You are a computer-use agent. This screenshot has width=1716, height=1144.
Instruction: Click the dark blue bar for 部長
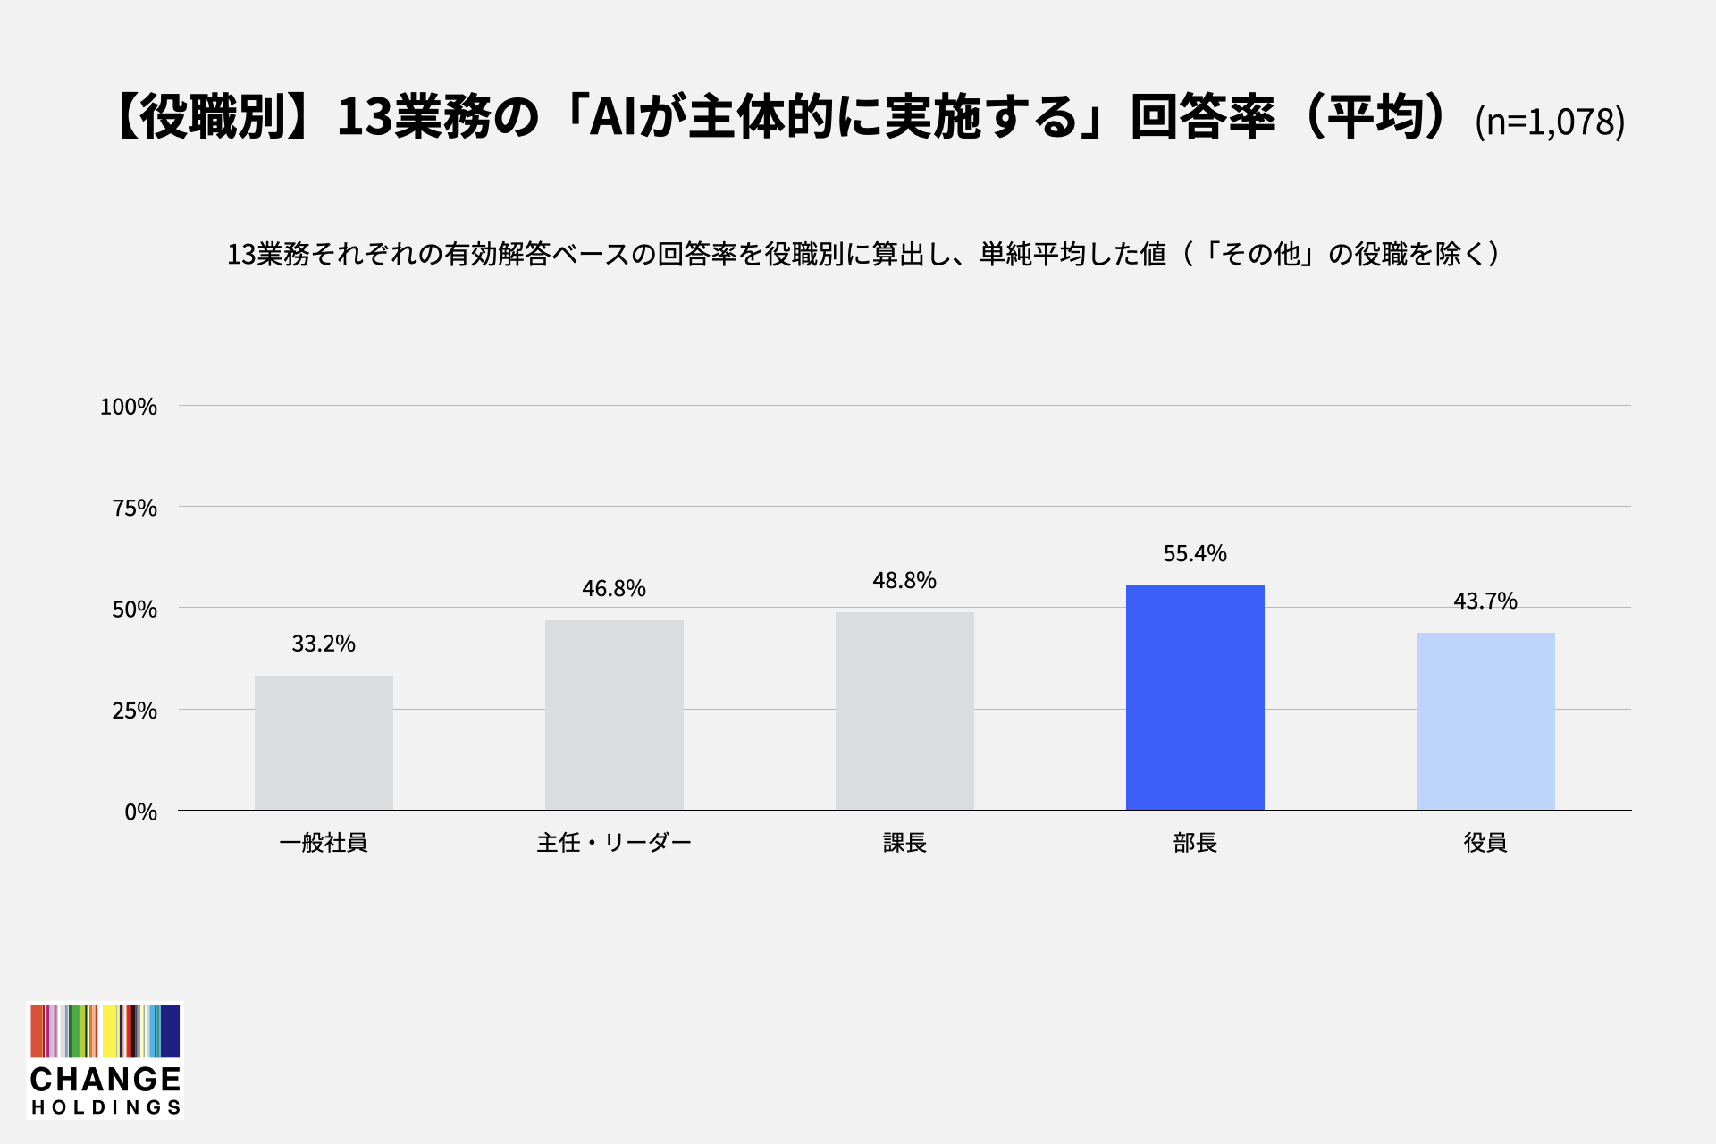click(1195, 698)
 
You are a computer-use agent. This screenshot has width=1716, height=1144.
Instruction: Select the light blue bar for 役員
click(1485, 721)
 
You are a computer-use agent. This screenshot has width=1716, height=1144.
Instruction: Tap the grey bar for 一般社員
click(324, 743)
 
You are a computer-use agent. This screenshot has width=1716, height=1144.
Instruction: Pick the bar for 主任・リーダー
click(614, 715)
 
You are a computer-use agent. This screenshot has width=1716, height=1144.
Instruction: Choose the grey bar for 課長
click(904, 711)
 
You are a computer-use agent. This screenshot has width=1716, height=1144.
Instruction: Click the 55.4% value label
click(1195, 554)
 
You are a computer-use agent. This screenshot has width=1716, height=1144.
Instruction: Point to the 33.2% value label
click(324, 644)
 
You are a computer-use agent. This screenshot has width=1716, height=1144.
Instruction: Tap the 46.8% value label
click(614, 589)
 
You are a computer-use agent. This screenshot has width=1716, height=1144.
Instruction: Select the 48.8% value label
click(904, 581)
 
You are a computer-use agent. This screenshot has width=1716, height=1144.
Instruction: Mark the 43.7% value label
click(1485, 601)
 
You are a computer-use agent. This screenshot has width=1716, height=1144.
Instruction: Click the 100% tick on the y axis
click(129, 408)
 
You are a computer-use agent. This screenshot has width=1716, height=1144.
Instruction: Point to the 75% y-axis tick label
click(135, 509)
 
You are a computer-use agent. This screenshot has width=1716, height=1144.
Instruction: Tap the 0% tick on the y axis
click(141, 812)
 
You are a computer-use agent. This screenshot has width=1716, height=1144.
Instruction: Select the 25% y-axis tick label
click(135, 711)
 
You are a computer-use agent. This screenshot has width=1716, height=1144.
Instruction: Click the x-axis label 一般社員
click(324, 843)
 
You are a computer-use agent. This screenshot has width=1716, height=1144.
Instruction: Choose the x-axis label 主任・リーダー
click(614, 843)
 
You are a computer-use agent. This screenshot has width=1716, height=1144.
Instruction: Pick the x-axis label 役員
click(1485, 843)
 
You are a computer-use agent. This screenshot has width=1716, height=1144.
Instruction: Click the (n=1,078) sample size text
click(1550, 122)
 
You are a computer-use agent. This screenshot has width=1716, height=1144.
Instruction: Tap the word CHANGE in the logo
click(105, 1080)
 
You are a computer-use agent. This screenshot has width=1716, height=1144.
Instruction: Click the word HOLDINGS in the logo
click(106, 1107)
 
